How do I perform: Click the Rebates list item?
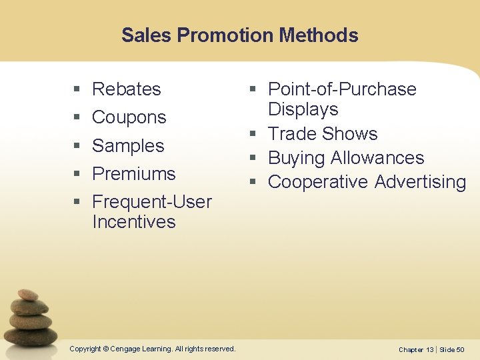point(127,89)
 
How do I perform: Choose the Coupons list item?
point(129,117)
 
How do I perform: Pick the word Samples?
point(128,145)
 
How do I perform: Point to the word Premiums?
point(133,174)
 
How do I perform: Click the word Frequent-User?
point(152,202)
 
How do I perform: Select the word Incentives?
point(133,222)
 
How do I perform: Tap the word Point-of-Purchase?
point(342,89)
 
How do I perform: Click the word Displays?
point(303,109)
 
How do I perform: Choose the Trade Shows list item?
point(323,134)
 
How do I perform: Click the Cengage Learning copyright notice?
point(152,349)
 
